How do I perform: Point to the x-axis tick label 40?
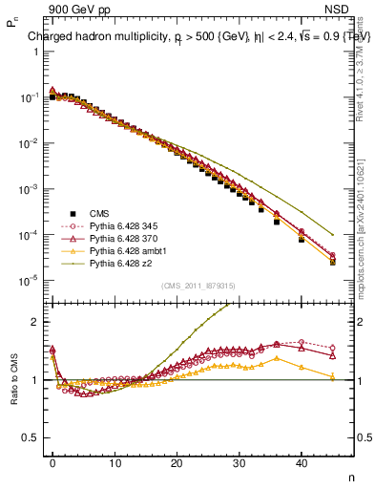point(301,462)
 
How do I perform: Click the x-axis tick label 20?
point(177,462)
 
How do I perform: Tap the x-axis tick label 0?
point(52,462)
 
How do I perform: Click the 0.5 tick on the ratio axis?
point(31,437)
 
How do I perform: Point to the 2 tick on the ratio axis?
point(35,322)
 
